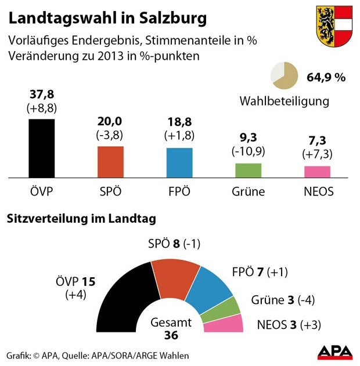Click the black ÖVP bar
click(41, 148)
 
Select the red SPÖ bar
click(110, 162)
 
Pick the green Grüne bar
click(248, 170)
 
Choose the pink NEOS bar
click(317, 172)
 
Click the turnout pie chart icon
click(285, 76)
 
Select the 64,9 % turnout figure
click(326, 77)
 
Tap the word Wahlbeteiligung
click(284, 101)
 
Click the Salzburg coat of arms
click(334, 27)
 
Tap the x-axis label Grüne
click(248, 192)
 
